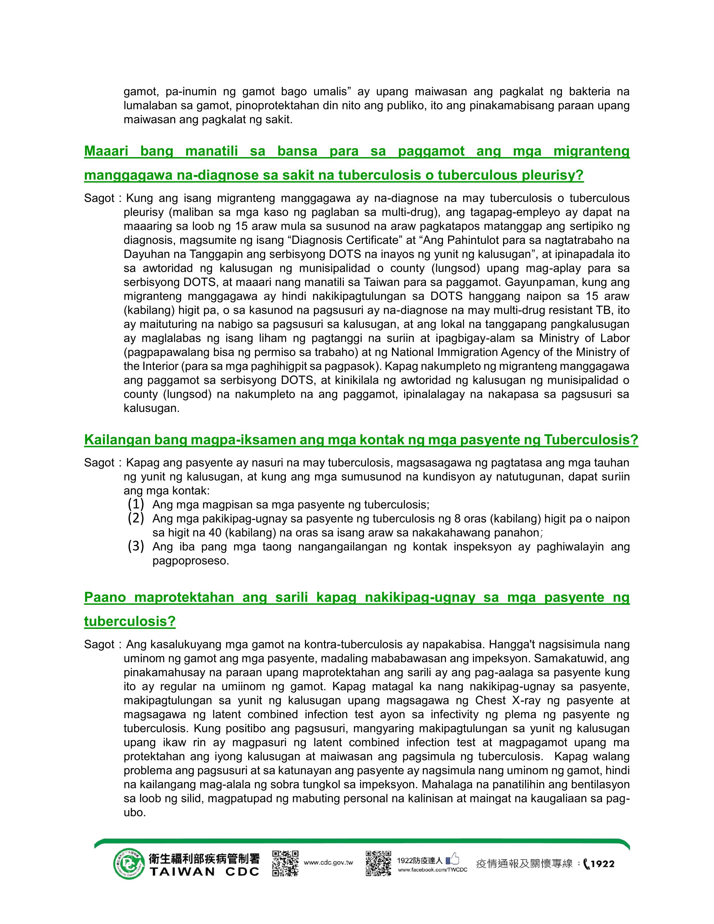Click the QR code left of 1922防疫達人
tap(378, 863)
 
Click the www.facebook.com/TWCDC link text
tap(432, 870)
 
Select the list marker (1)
tap(136, 504)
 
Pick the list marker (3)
tap(136, 546)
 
